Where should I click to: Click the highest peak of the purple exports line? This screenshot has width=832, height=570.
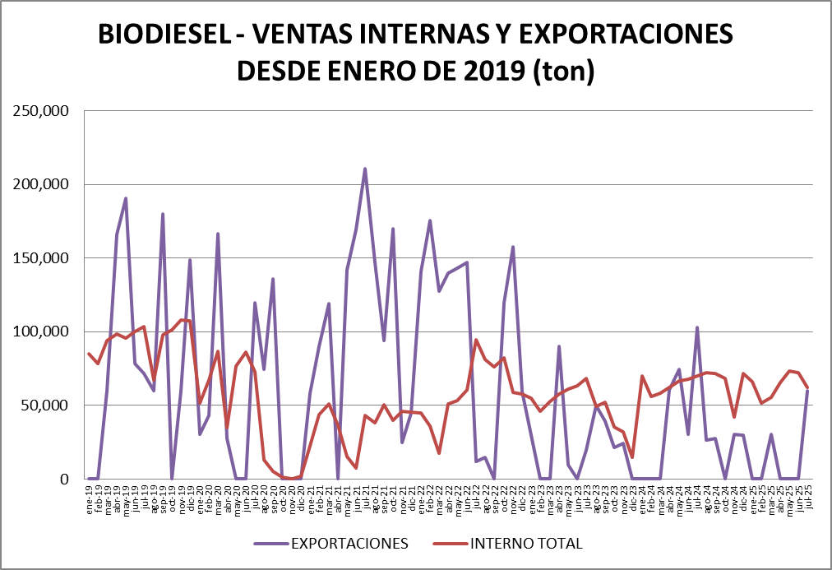pos(364,169)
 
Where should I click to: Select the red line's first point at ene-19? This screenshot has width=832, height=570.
pos(89,354)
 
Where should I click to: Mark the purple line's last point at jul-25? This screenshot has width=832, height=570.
pos(807,391)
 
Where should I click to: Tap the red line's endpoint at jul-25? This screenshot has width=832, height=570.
pos(807,387)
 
